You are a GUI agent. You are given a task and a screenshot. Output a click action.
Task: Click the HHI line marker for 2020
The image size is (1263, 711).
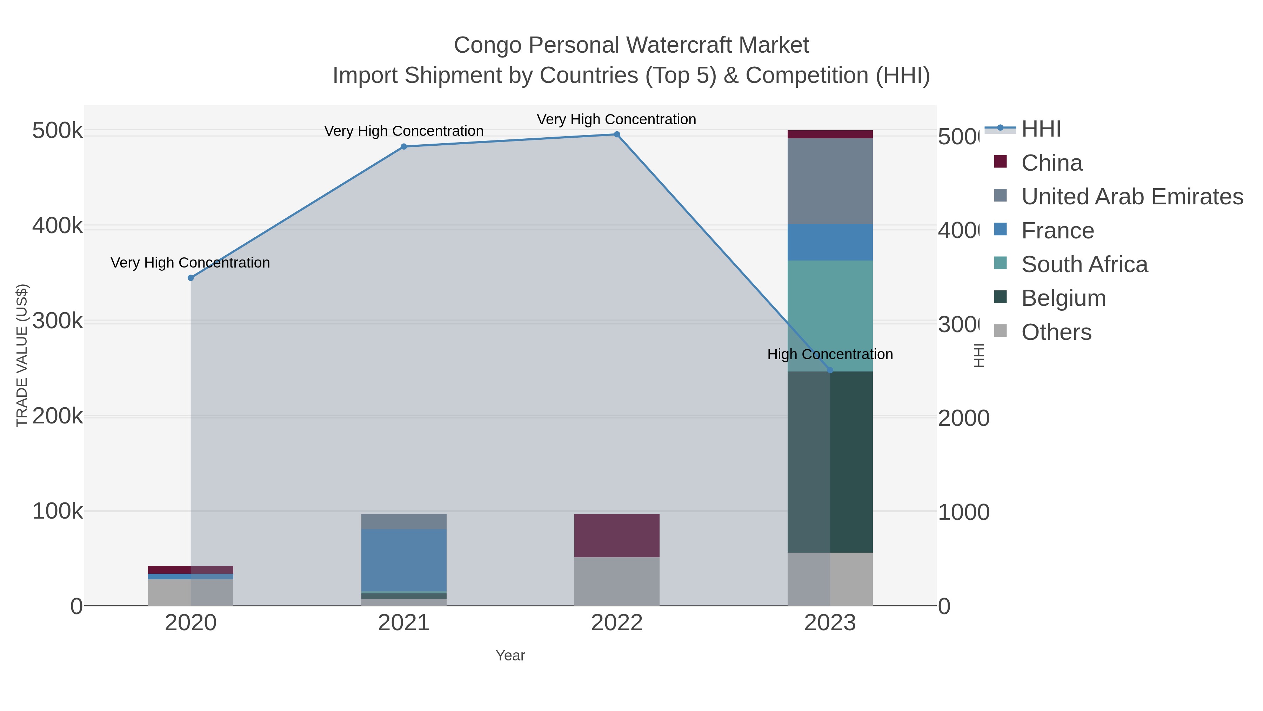pos(191,278)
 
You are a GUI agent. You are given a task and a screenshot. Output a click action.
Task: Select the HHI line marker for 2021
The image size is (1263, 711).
pos(403,146)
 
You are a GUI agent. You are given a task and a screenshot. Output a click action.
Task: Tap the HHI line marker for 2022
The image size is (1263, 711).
pos(617,134)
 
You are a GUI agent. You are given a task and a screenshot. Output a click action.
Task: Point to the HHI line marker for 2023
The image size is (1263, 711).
pos(830,370)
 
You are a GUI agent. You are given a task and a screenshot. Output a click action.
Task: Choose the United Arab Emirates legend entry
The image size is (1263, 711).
pos(1131,197)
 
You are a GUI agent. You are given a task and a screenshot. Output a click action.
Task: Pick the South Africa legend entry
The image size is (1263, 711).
pos(1084,264)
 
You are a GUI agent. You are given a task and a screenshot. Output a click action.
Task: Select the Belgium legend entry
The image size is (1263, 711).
pos(1063,298)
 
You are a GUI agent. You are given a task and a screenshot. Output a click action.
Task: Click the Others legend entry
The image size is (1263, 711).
pos(1056,332)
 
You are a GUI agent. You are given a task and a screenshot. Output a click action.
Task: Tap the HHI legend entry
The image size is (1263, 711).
pos(1041,129)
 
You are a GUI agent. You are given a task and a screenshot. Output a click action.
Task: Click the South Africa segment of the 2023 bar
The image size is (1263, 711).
pos(830,316)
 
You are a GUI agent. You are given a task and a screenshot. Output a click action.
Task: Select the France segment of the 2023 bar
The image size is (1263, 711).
pos(830,242)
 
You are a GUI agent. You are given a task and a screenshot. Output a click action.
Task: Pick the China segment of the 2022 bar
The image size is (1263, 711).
pos(617,535)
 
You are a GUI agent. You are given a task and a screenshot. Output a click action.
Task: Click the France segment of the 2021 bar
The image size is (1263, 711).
pos(403,560)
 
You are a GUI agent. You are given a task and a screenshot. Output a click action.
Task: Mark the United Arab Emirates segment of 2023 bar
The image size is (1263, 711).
pos(830,181)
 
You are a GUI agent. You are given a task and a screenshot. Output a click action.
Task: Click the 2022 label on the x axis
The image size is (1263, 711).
pos(617,623)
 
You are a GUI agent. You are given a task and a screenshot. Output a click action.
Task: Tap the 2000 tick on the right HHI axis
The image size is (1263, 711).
pos(963,418)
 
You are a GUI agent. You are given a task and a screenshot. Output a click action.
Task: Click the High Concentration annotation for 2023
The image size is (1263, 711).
pos(830,354)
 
